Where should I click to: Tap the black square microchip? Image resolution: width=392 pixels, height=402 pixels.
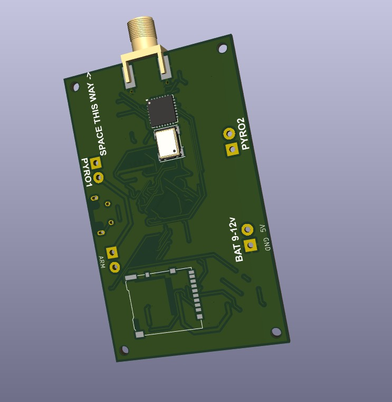coord(162,110)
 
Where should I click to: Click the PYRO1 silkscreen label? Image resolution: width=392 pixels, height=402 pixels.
coord(87,172)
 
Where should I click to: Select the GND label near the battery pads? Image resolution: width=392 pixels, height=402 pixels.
coord(267,244)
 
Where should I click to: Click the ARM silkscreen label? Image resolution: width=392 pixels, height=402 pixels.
coord(102,262)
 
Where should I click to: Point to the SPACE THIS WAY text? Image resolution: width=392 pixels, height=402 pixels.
coord(98,114)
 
